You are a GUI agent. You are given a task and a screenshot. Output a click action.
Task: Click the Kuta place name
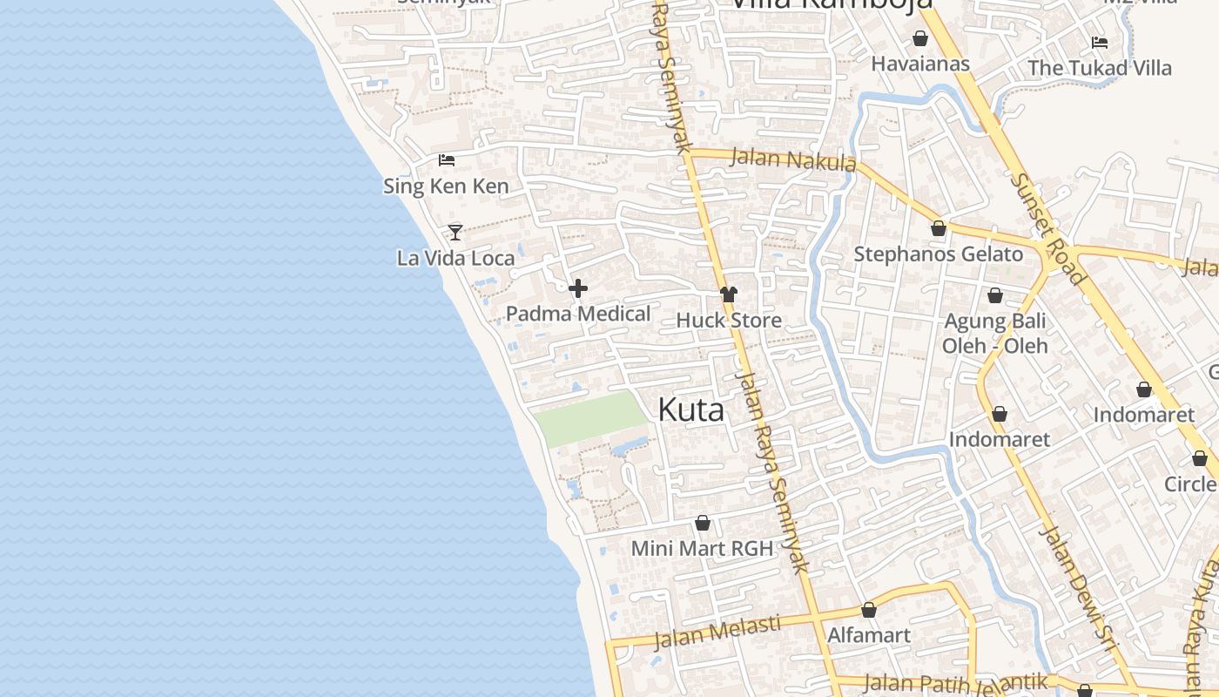(x=690, y=409)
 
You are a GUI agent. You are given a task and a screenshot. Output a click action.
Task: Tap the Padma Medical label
(x=578, y=314)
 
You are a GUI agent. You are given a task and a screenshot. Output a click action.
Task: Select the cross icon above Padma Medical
(x=577, y=288)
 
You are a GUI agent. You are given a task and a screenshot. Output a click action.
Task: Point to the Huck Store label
(x=729, y=320)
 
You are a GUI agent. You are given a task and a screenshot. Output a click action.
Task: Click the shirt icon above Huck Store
(x=728, y=294)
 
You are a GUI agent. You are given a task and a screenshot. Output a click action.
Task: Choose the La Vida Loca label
(x=455, y=258)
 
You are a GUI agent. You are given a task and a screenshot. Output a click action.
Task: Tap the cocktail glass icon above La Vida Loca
(x=455, y=232)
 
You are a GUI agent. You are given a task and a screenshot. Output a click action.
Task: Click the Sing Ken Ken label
(x=446, y=186)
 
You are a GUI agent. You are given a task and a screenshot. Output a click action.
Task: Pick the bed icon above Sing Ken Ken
(x=447, y=159)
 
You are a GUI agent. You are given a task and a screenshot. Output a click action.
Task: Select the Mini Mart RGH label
(x=702, y=548)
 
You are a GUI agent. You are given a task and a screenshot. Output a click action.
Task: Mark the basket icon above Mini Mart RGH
(x=702, y=523)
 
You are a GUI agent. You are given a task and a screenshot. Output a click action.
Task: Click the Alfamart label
(x=868, y=635)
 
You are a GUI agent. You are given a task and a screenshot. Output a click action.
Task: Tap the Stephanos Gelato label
(x=939, y=254)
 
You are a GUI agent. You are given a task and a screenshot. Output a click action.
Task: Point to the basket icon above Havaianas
(x=919, y=38)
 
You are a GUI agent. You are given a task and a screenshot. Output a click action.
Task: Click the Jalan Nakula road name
(x=793, y=160)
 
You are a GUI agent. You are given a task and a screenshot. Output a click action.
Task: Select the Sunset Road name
(x=1048, y=229)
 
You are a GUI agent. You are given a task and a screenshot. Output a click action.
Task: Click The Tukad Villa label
(x=1099, y=68)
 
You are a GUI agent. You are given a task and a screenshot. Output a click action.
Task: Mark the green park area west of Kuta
(x=591, y=417)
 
